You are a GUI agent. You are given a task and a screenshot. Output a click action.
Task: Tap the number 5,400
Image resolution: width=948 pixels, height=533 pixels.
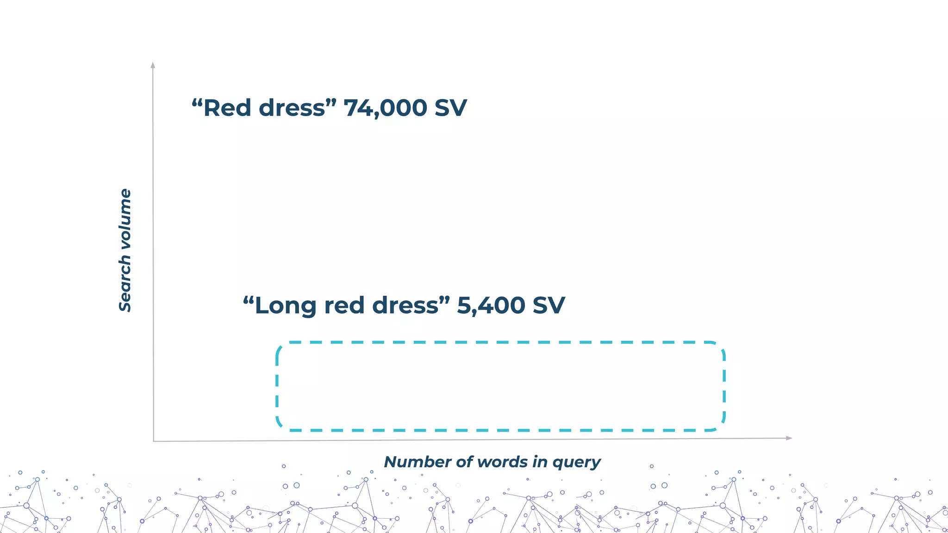pos(491,306)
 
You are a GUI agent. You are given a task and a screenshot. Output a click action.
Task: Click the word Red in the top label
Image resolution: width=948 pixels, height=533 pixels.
pos(226,108)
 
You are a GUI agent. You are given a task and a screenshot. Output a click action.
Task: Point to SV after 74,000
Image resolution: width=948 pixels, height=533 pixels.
pos(450,108)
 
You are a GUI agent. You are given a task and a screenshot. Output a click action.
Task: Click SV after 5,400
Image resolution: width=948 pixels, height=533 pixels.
pos(548,306)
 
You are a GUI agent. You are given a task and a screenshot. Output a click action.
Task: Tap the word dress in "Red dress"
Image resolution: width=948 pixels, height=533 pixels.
pos(292,108)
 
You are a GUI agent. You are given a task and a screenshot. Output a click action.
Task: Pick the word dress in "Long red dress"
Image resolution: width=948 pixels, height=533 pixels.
pos(405,306)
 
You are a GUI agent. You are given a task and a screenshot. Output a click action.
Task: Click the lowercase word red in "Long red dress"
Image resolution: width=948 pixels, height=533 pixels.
pos(344,306)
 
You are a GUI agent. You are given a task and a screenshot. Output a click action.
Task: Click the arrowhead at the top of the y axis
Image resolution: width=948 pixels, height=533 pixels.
pos(153,65)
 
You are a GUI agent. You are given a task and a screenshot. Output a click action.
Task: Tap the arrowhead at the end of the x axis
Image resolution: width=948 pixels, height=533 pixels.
pos(789,438)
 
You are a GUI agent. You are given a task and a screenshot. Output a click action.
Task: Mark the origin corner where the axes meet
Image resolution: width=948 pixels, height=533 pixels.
pos(154,441)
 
